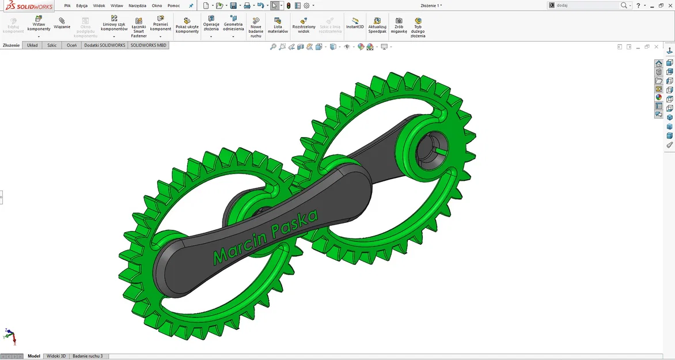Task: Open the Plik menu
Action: click(x=67, y=6)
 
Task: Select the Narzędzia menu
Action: click(x=137, y=6)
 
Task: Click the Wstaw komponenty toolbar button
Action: click(x=39, y=24)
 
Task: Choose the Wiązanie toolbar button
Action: click(x=62, y=23)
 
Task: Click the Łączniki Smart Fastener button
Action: click(x=138, y=26)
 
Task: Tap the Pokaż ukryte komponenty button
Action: click(x=187, y=25)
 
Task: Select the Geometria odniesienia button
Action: click(x=233, y=24)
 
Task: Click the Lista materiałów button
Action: click(x=278, y=25)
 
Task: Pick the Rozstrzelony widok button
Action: click(x=304, y=25)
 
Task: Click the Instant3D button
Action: click(x=355, y=23)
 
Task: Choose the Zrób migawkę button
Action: click(x=399, y=25)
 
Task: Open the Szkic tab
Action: click(x=52, y=45)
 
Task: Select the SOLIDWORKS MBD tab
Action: click(x=149, y=45)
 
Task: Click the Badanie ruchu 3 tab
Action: click(x=87, y=356)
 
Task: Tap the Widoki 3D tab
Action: click(x=56, y=356)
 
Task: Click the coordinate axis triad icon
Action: click(x=10, y=336)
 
